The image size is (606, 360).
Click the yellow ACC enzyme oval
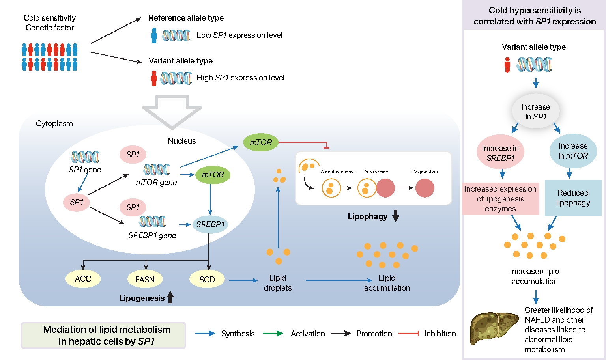tap(83, 279)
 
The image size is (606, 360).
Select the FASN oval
tap(145, 279)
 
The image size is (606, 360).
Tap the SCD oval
tap(207, 279)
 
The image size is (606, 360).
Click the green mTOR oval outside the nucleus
tap(261, 142)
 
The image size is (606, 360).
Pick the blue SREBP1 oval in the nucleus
tap(210, 224)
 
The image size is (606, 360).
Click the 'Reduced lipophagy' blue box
tap(573, 198)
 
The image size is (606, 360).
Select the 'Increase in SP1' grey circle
tap(535, 112)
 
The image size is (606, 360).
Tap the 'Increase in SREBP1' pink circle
tap(500, 153)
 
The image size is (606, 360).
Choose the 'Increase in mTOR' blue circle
tap(573, 151)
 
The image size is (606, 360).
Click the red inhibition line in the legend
tap(409, 334)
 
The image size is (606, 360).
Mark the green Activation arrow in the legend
tap(273, 334)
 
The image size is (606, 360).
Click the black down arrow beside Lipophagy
tap(396, 216)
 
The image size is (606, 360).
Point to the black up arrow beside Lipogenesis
tap(170, 297)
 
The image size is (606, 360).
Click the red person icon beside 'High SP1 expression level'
tap(154, 78)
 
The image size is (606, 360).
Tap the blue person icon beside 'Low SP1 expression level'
tap(154, 35)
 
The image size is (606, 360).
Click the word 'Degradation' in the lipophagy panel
tap(425, 172)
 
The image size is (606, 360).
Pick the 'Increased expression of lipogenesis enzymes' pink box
tap(500, 199)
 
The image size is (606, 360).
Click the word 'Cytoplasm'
tap(54, 123)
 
